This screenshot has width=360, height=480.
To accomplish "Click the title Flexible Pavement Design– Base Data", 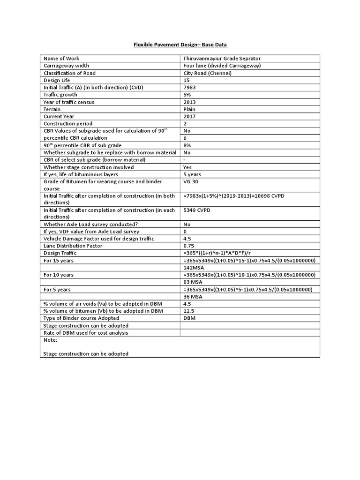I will [x=180, y=45].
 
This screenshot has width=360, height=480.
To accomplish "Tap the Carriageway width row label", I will [x=67, y=66].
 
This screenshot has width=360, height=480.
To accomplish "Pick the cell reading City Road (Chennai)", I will [x=208, y=73].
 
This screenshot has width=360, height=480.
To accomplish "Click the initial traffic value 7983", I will [x=190, y=87].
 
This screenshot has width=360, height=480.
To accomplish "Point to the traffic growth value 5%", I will [x=187, y=95].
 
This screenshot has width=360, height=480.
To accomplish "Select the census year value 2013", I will [x=190, y=102].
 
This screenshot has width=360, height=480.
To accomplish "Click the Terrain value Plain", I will [x=189, y=109].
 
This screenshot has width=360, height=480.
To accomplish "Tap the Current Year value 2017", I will [x=190, y=116].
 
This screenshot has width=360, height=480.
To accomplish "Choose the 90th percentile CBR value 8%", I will [x=187, y=145].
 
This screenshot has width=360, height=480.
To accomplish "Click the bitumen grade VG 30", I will [x=192, y=181].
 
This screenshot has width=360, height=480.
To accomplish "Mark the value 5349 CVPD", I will [x=197, y=210].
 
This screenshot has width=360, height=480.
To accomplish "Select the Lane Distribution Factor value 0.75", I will [x=189, y=246].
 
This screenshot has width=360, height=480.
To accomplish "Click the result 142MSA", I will [x=194, y=267].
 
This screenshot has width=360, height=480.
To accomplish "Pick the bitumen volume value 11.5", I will [x=189, y=311].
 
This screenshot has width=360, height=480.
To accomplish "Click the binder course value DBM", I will [x=189, y=318].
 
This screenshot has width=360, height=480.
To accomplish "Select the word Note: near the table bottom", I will [x=50, y=340].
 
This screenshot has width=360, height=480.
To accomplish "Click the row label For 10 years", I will [x=59, y=275].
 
